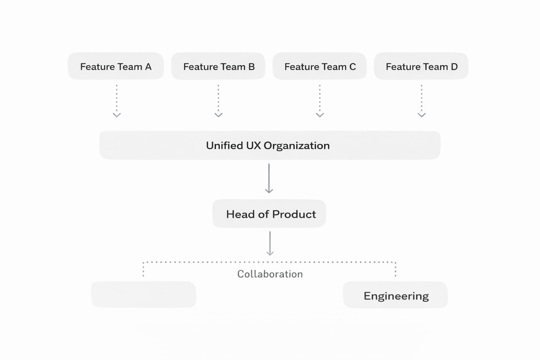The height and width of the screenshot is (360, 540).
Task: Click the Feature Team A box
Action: (x=116, y=66)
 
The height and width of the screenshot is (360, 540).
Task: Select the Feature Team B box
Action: (x=218, y=66)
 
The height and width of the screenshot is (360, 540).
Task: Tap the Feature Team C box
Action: (x=320, y=66)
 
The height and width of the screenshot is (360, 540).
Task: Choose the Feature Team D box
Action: (x=421, y=66)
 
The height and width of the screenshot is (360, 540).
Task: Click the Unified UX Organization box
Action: (x=270, y=145)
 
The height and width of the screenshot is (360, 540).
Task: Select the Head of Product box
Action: (x=269, y=214)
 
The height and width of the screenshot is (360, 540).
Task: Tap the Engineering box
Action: (x=395, y=295)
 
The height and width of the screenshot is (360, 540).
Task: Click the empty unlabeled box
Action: (x=143, y=295)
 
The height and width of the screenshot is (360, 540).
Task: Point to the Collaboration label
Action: (x=270, y=274)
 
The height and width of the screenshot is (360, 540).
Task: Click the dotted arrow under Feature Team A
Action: (x=117, y=101)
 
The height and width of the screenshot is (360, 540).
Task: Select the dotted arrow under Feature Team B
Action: (x=218, y=101)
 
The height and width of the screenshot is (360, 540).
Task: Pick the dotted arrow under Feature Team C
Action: (x=320, y=101)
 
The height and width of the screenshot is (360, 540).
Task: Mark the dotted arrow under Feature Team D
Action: (x=422, y=101)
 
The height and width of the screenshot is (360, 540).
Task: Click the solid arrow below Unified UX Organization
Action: (x=269, y=178)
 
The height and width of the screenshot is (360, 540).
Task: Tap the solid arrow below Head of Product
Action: (x=270, y=243)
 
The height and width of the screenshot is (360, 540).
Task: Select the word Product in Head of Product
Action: (x=294, y=214)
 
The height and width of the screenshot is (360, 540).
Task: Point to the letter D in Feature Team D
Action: (x=454, y=67)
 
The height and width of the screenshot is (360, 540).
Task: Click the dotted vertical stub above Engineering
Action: (x=396, y=270)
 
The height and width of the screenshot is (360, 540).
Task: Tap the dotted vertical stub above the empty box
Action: (x=143, y=270)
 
